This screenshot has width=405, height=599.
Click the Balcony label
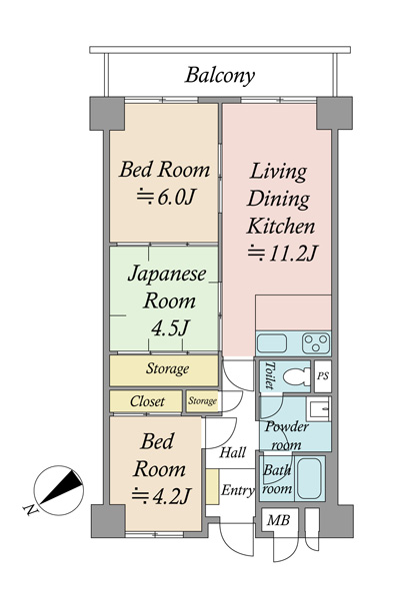point(220,76)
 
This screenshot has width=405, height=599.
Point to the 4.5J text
point(170,327)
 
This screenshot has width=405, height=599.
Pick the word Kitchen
point(281,226)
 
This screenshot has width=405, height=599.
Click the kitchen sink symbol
point(272,343)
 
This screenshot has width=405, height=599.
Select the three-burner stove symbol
point(316,343)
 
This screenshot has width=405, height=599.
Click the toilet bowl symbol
point(297,376)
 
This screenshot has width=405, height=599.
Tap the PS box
point(323,376)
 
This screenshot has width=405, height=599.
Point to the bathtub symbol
point(309,478)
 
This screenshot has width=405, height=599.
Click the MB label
point(278,520)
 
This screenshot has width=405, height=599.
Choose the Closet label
point(147,401)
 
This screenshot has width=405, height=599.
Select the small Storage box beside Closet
point(202,401)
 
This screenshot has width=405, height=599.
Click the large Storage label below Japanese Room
point(167,368)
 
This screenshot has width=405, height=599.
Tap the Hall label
point(233,452)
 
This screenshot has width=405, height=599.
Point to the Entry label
point(237,490)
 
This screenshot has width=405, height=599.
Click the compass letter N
point(30,510)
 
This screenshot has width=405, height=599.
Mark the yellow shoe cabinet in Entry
point(212,486)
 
